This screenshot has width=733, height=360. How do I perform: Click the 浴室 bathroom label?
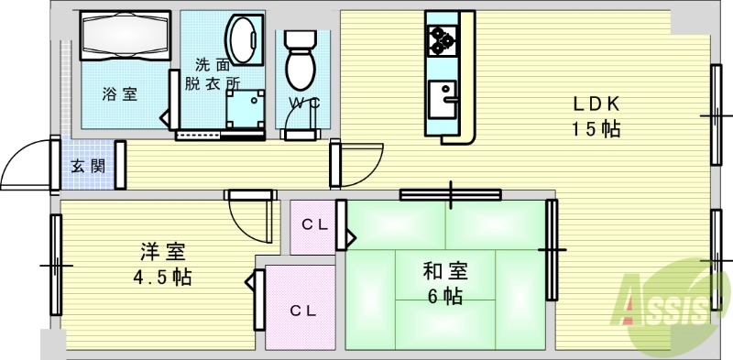coord(119,93)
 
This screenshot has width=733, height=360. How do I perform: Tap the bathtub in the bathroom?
coord(124,38)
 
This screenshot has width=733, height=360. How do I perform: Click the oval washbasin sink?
coord(243,38)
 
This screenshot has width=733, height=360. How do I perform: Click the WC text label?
coord(303,103)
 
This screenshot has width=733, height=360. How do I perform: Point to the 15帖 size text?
coord(596,129)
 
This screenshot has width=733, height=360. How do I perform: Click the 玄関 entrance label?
coord(87,166)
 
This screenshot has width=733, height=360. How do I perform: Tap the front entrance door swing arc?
coord(27,165)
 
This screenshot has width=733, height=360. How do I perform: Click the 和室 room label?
coord(444,271)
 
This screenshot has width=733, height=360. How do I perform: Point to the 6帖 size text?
coord(444,296)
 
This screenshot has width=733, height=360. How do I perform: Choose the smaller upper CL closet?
coord(314,225)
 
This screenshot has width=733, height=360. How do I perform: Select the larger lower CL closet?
coord(303,310)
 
